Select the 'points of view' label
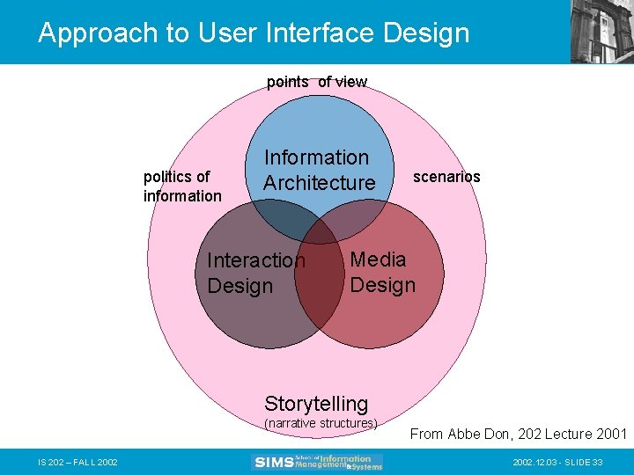(317, 82)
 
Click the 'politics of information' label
(182, 186)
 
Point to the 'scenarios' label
(446, 177)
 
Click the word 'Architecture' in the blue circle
(319, 183)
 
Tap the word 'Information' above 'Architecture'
(317, 157)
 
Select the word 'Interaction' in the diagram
(255, 260)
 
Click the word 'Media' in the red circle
(378, 259)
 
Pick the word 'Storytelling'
(316, 404)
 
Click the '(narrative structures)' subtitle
(321, 423)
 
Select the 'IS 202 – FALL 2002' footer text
(77, 462)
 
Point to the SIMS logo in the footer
(318, 462)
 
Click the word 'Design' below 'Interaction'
(240, 286)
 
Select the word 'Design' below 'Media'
(382, 285)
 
